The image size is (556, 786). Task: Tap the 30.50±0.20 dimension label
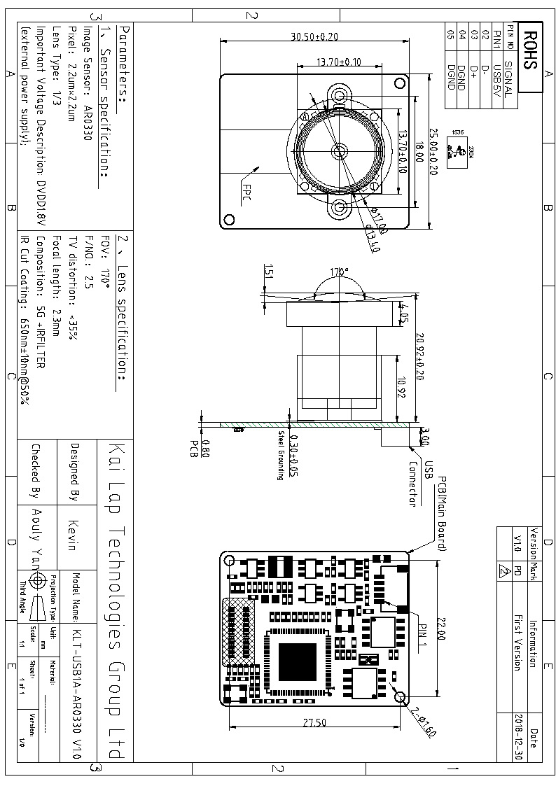pyautogui.click(x=314, y=37)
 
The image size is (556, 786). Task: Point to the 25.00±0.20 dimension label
pyautogui.click(x=433, y=151)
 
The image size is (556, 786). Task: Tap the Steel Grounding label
pyautogui.click(x=280, y=455)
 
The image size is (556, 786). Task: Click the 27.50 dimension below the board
pyautogui.click(x=314, y=723)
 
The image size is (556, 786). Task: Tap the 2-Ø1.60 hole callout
pyautogui.click(x=424, y=721)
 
